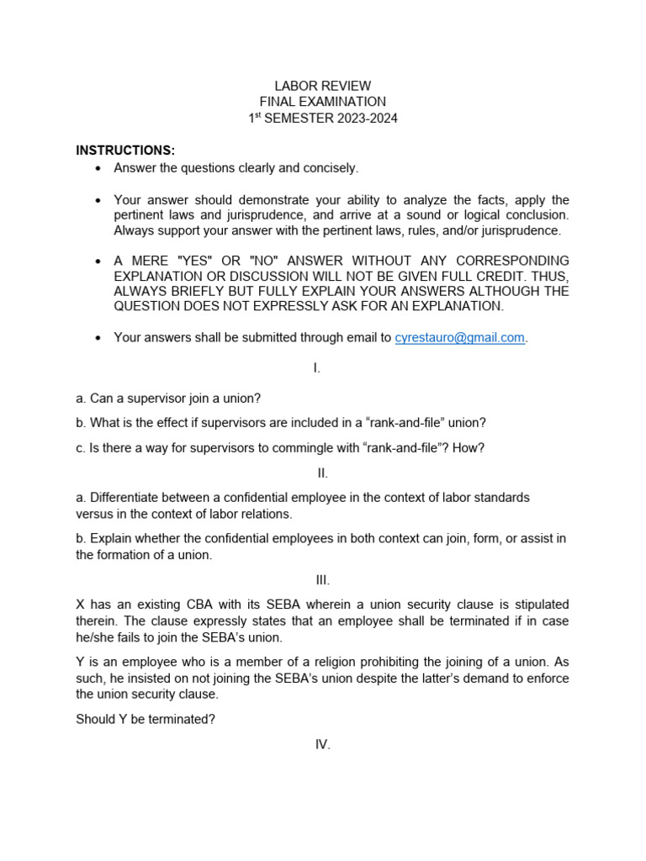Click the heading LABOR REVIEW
click(x=322, y=86)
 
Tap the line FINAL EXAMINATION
click(x=322, y=102)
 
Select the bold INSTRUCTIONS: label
click(x=125, y=151)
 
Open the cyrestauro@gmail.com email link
click(x=460, y=337)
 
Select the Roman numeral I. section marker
click(x=316, y=367)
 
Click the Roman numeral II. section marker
click(x=323, y=473)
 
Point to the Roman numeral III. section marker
click(x=323, y=579)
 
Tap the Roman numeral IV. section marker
click(x=323, y=744)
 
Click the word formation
click(x=132, y=555)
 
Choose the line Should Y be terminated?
click(x=146, y=719)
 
